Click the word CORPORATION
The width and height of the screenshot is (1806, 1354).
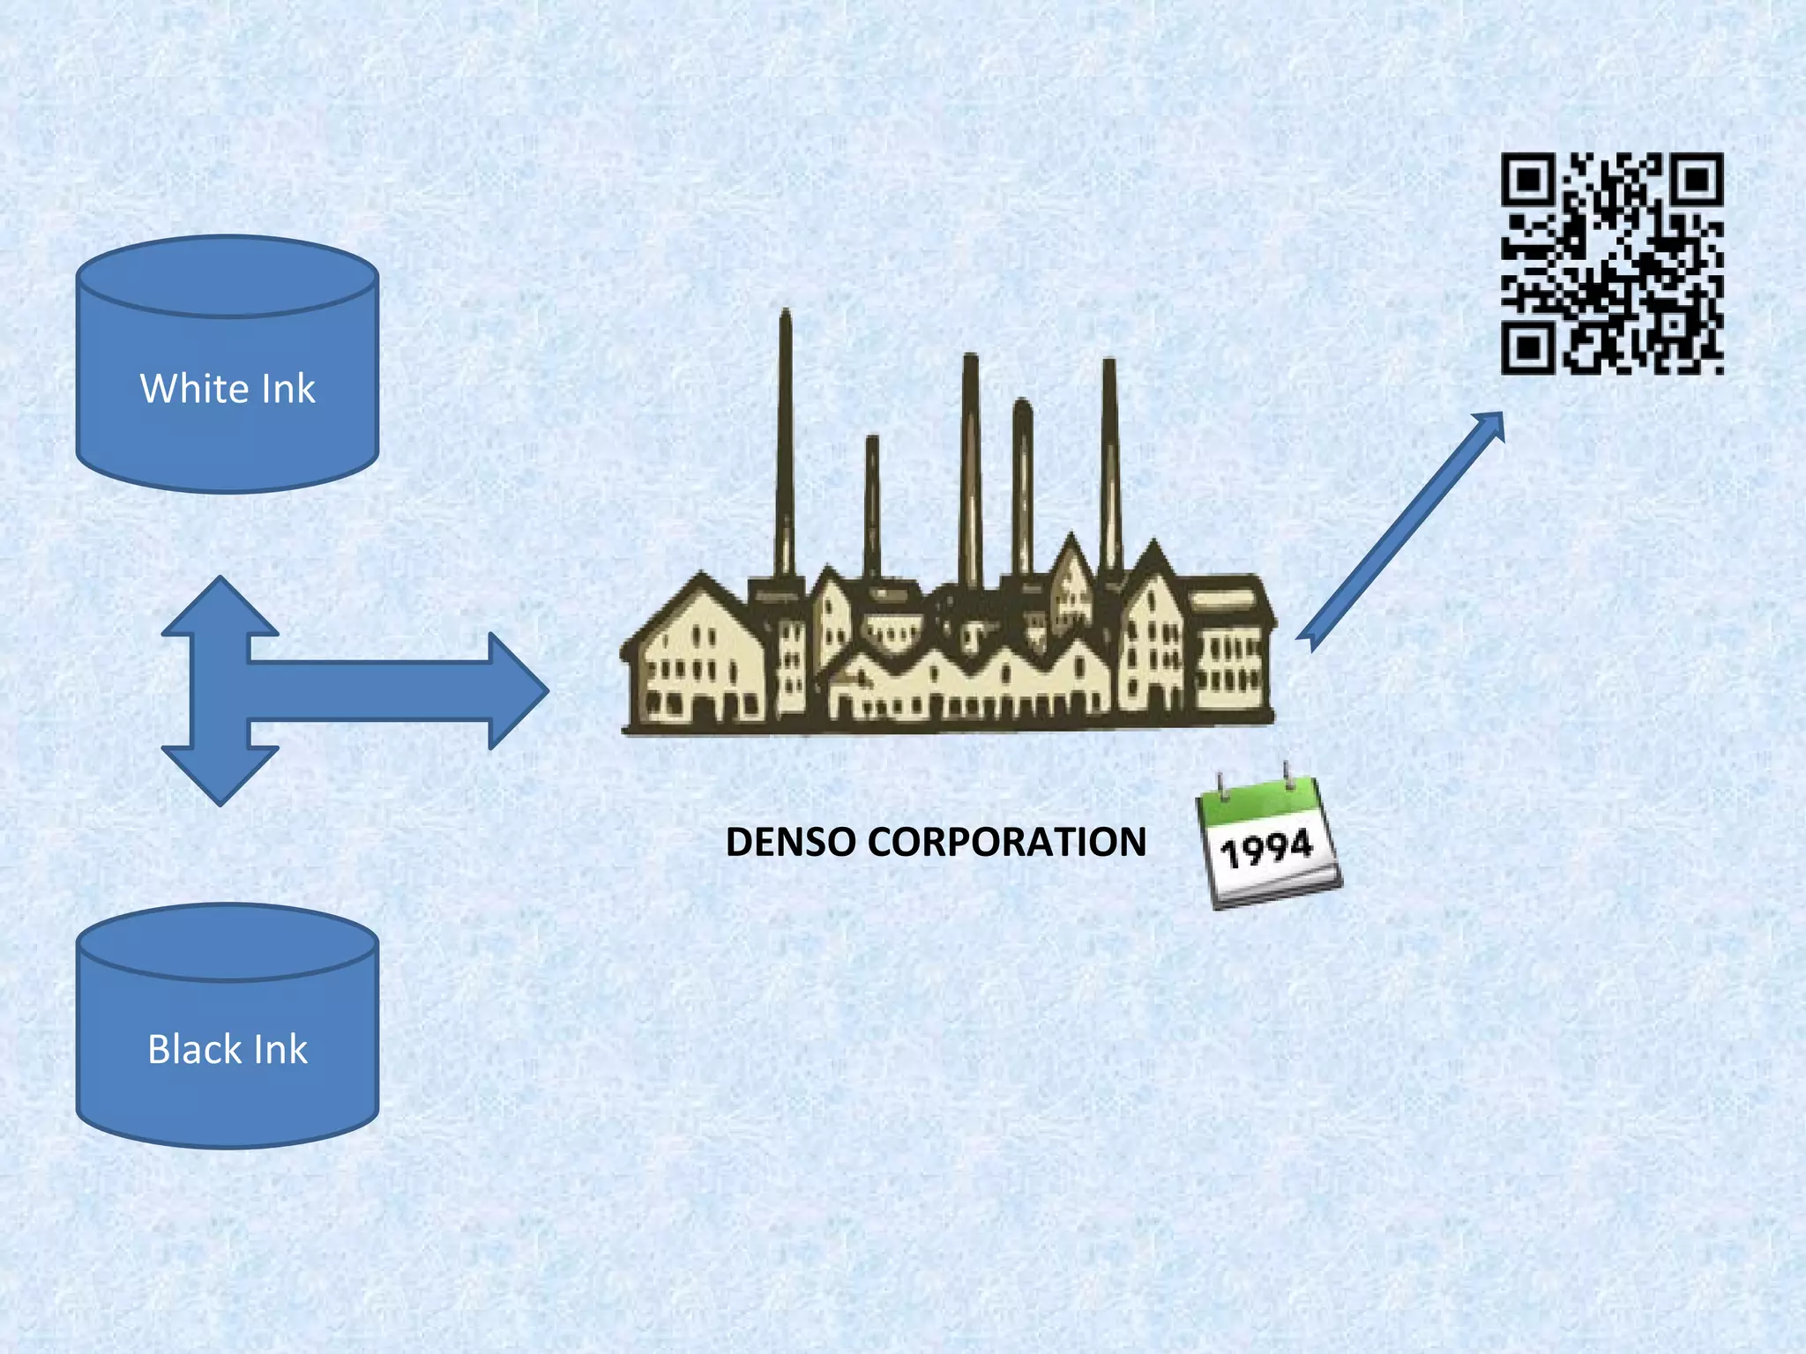click(x=1006, y=842)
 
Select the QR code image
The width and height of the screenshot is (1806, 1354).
click(x=1612, y=264)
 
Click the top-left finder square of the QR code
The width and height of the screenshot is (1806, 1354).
click(x=1527, y=180)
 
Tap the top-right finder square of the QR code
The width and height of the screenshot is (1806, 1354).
click(x=1697, y=180)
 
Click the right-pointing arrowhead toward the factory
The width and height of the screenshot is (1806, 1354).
click(x=519, y=691)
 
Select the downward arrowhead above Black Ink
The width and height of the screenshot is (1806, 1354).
click(x=220, y=776)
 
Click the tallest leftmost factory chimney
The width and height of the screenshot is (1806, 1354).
click(x=785, y=441)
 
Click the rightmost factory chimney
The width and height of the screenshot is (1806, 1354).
click(x=1110, y=458)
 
